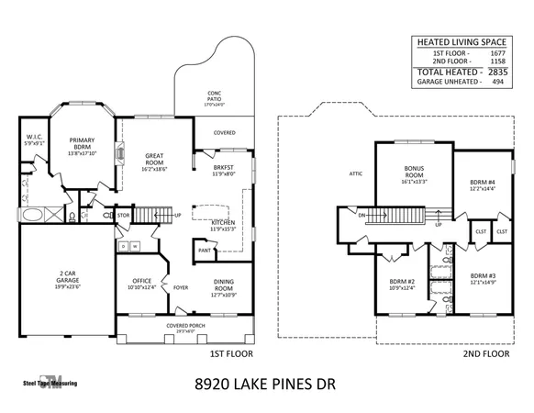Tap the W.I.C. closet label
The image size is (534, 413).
click(35, 140)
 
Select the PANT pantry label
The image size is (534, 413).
click(204, 250)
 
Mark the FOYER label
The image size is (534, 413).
click(181, 287)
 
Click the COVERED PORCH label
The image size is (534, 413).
click(185, 325)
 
